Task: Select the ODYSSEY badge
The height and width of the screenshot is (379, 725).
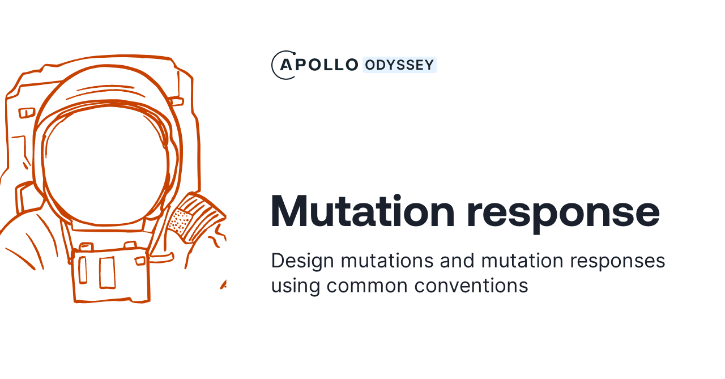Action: [x=399, y=65]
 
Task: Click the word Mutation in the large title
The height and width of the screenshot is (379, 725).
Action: [x=362, y=211]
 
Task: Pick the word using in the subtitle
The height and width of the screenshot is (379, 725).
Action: [x=295, y=286]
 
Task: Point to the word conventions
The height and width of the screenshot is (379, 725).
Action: [x=471, y=286]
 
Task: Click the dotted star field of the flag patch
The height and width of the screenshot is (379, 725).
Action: [x=181, y=222]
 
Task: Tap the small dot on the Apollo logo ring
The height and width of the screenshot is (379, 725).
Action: [x=294, y=53]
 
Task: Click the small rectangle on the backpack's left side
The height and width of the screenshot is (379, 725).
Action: [x=27, y=113]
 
